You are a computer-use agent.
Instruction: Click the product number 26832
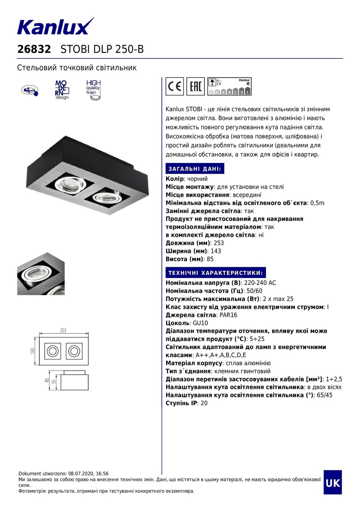click(x=34, y=49)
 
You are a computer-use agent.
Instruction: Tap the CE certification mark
click(x=174, y=86)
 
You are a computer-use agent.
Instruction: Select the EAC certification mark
click(x=195, y=86)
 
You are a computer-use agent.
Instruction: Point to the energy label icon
click(x=229, y=86)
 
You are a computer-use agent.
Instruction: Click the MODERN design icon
click(x=61, y=89)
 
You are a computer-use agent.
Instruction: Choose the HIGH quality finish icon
click(x=93, y=90)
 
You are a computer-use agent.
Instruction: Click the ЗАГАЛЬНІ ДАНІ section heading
click(x=195, y=169)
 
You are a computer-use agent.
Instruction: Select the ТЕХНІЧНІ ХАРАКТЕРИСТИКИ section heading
click(x=215, y=273)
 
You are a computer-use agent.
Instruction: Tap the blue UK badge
click(x=333, y=482)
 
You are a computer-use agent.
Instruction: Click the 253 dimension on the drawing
click(x=63, y=331)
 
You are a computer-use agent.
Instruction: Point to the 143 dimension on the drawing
click(x=33, y=351)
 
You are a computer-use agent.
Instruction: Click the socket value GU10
click(x=200, y=323)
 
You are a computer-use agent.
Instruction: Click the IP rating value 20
click(x=204, y=403)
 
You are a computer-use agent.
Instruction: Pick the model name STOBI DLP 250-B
click(x=102, y=49)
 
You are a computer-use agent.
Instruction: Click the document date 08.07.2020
click(x=81, y=474)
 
